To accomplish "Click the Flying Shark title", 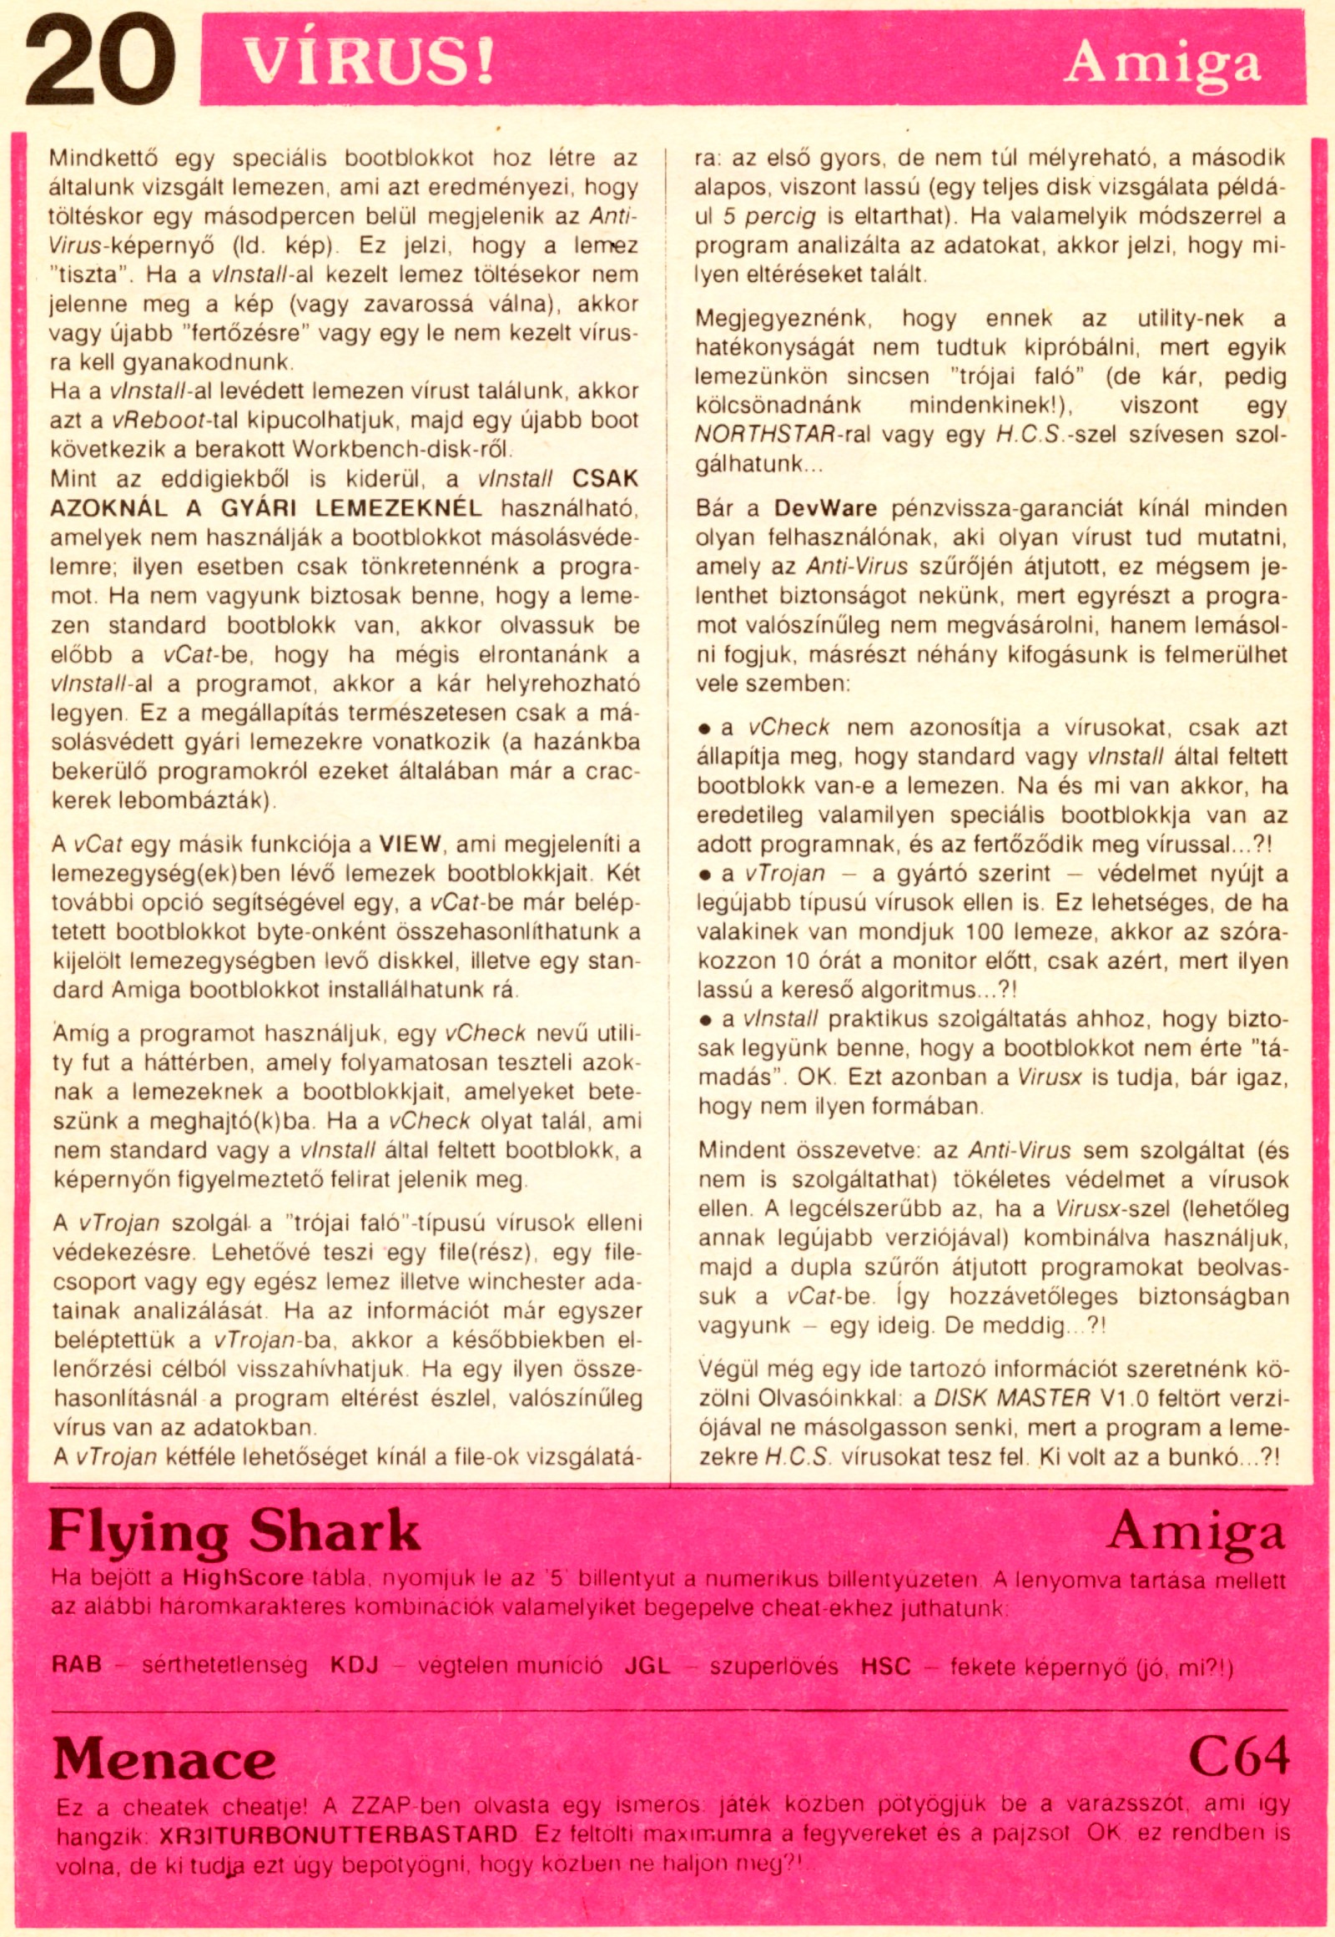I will click(x=234, y=1532).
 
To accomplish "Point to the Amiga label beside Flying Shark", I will click(x=1196, y=1532).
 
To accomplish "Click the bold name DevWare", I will click(x=824, y=509).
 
